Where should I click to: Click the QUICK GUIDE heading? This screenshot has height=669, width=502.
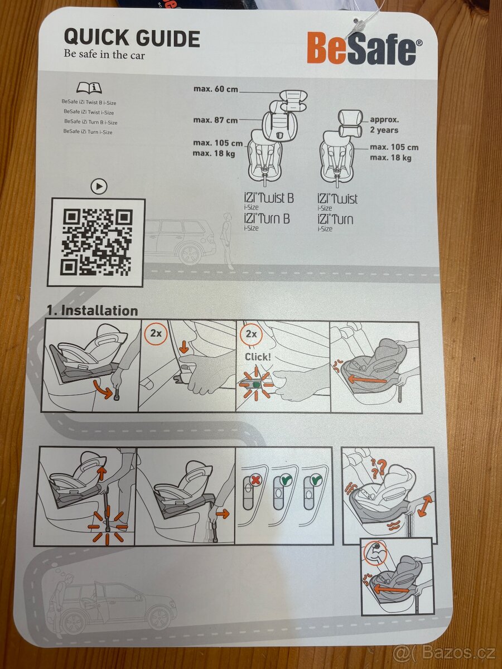pyautogui.click(x=132, y=38)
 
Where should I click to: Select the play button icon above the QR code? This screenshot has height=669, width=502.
pyautogui.click(x=99, y=186)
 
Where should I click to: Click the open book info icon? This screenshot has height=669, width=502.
pyautogui.click(x=89, y=88)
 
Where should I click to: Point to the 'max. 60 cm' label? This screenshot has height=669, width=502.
pyautogui.click(x=216, y=89)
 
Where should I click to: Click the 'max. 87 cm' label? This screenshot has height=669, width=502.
pyautogui.click(x=216, y=120)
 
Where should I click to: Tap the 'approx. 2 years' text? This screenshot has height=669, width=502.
pyautogui.click(x=384, y=125)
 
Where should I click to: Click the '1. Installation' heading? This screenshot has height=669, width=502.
pyautogui.click(x=92, y=311)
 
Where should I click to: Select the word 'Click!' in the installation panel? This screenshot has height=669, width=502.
pyautogui.click(x=258, y=356)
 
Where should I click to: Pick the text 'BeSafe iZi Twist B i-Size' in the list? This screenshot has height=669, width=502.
pyautogui.click(x=89, y=103)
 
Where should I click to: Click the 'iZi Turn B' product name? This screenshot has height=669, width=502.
pyautogui.click(x=267, y=219)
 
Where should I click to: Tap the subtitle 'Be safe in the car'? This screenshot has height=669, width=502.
pyautogui.click(x=104, y=55)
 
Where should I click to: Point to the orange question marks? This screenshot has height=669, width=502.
pyautogui.click(x=380, y=468)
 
